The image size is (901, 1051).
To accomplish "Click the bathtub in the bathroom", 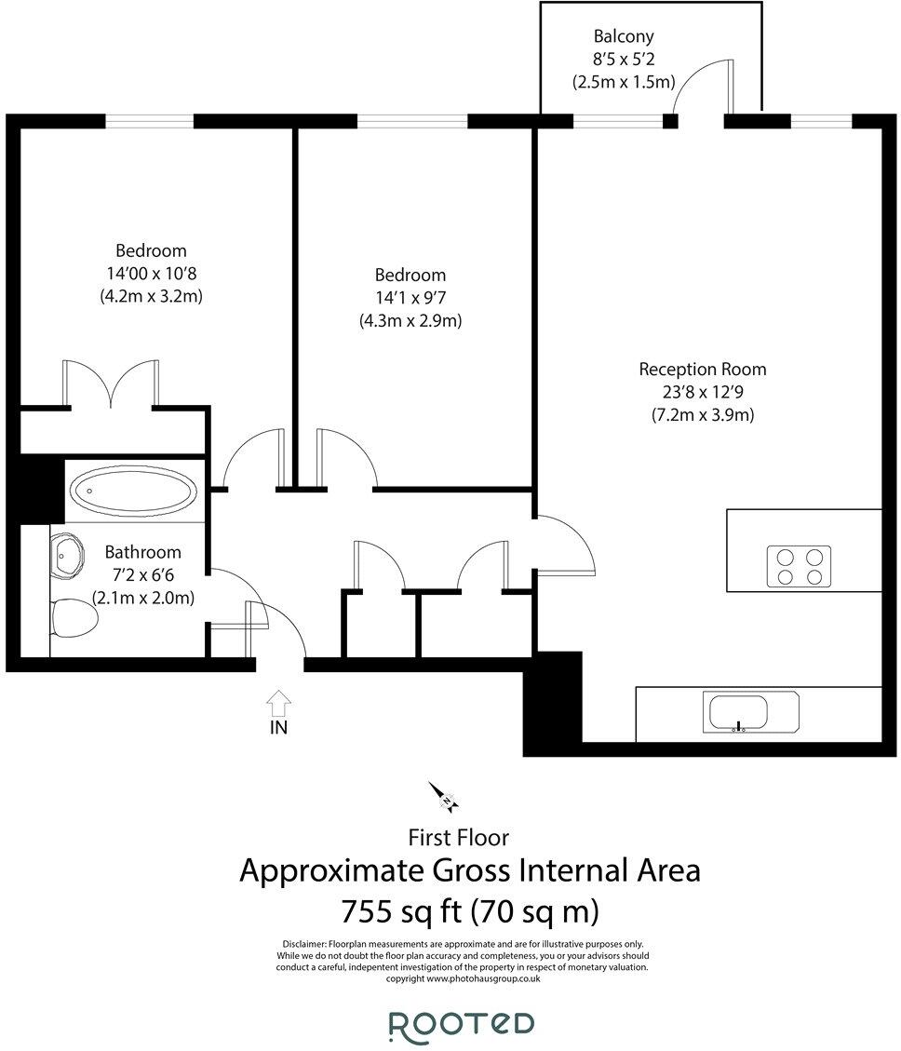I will click(x=134, y=490).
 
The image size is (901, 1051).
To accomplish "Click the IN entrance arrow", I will click(x=278, y=704).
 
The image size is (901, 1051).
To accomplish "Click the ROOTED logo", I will click(x=461, y=1023).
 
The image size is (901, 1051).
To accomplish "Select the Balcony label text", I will click(x=624, y=37).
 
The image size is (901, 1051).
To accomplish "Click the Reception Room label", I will click(x=702, y=370).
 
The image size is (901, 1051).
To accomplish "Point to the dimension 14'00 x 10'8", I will click(x=151, y=274).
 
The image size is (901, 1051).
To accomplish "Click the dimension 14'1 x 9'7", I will click(x=410, y=298).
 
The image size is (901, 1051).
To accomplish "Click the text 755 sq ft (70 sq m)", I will click(x=469, y=910).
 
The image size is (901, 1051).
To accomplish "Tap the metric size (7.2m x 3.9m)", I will click(x=702, y=415).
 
